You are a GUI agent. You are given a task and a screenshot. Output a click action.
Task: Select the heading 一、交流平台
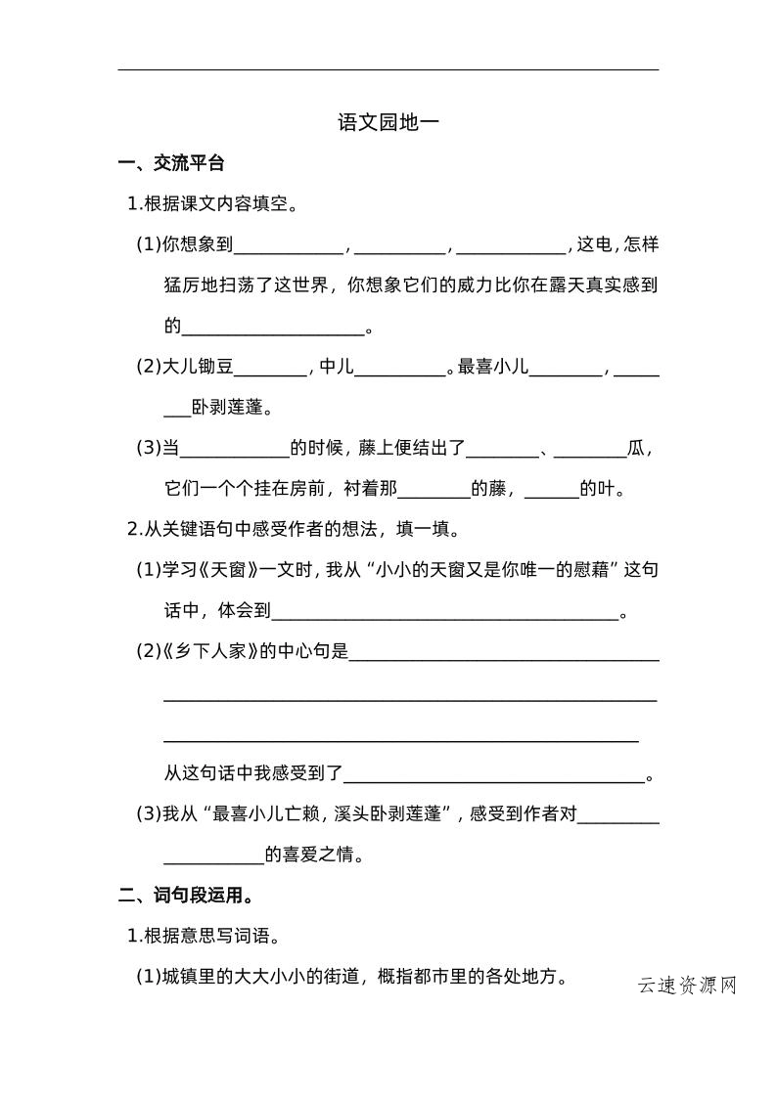point(171,163)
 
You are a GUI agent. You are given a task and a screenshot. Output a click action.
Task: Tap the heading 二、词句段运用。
point(187,894)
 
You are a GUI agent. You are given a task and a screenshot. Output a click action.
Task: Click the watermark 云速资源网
point(686,985)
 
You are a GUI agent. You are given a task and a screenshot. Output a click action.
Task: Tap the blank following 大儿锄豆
point(270,369)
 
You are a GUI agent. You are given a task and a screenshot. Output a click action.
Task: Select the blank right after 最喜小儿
point(566,369)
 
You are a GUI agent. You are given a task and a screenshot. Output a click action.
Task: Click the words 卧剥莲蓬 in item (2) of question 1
point(232,407)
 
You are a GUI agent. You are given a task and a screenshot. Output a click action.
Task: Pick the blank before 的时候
point(235,450)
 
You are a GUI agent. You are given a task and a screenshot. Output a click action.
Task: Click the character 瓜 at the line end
point(637,448)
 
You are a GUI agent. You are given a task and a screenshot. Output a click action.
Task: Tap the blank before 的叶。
point(552,491)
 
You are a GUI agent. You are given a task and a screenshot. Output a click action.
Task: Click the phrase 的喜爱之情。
point(314,856)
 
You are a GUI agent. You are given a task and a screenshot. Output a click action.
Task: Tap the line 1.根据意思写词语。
point(205,937)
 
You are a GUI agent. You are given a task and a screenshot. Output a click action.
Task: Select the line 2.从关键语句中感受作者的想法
point(294,529)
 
